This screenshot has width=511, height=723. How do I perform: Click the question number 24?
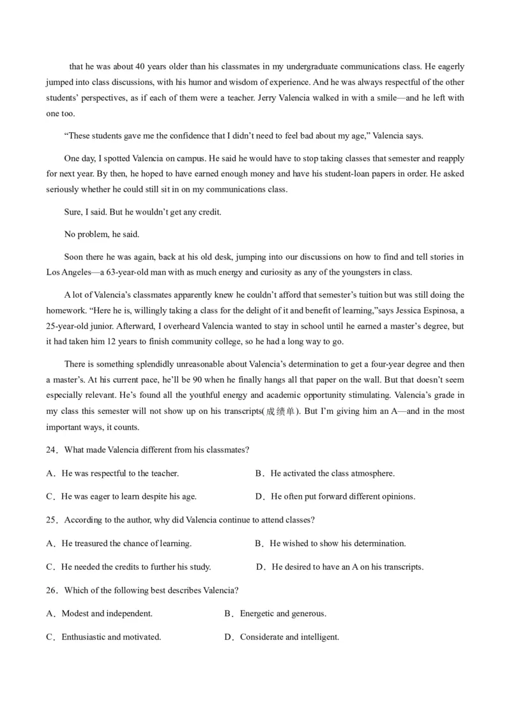[51, 450]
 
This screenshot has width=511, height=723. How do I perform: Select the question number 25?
[51, 521]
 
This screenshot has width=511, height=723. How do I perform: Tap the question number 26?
[51, 591]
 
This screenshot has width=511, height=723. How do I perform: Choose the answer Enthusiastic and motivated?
[104, 637]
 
